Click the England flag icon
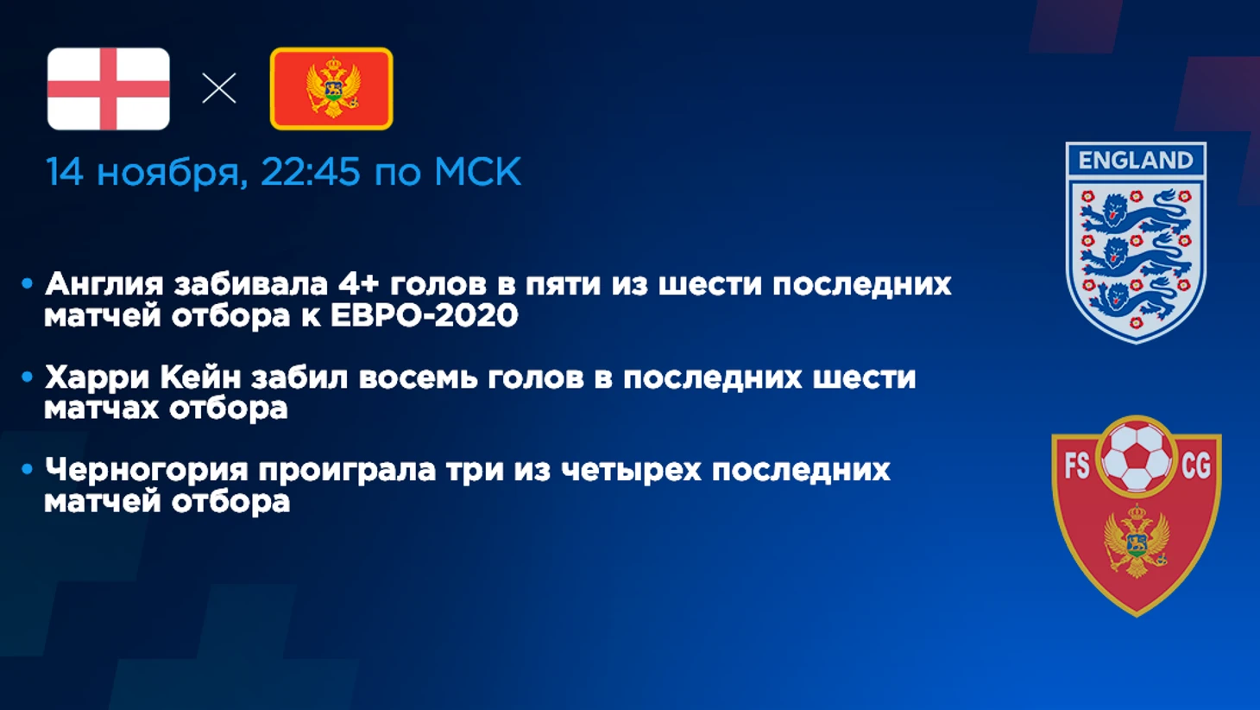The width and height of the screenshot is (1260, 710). pyautogui.click(x=109, y=89)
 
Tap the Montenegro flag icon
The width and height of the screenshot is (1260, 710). pyautogui.click(x=331, y=89)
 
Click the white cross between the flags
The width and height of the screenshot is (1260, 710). pyautogui.click(x=219, y=88)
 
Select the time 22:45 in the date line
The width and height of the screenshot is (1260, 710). pyautogui.click(x=310, y=171)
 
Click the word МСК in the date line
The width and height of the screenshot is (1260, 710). pyautogui.click(x=477, y=171)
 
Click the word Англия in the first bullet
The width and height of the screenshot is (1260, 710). pyautogui.click(x=104, y=285)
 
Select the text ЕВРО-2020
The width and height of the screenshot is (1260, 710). pyautogui.click(x=424, y=314)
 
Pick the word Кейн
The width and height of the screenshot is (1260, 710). pyautogui.click(x=201, y=377)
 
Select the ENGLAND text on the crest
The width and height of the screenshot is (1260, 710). pyautogui.click(x=1136, y=161)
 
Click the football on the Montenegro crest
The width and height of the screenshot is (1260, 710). pyautogui.click(x=1136, y=457)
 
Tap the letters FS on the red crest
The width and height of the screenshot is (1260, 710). pyautogui.click(x=1077, y=466)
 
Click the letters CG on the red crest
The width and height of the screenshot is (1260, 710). pyautogui.click(x=1196, y=466)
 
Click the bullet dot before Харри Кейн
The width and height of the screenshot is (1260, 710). pyautogui.click(x=27, y=377)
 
